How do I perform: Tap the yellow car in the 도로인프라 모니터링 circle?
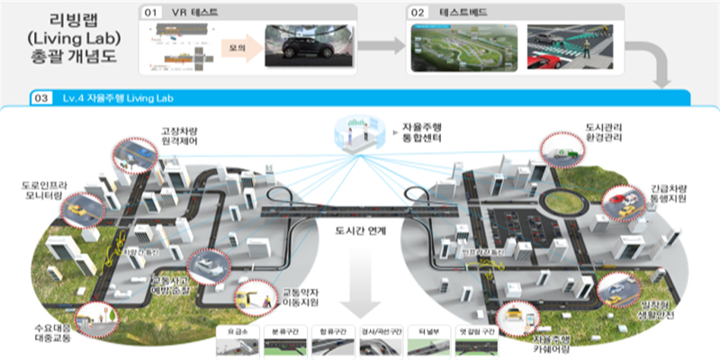click(x=77, y=210)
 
